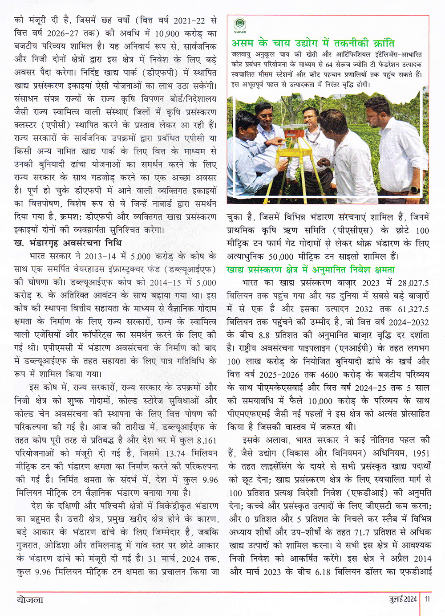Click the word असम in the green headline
click(243, 43)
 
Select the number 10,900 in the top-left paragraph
click(167, 33)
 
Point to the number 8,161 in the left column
click(206, 440)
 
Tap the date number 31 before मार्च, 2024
click(152, 559)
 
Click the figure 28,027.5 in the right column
click(413, 283)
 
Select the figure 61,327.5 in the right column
click(413, 309)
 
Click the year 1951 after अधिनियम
click(421, 453)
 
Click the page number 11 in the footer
click(428, 599)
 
